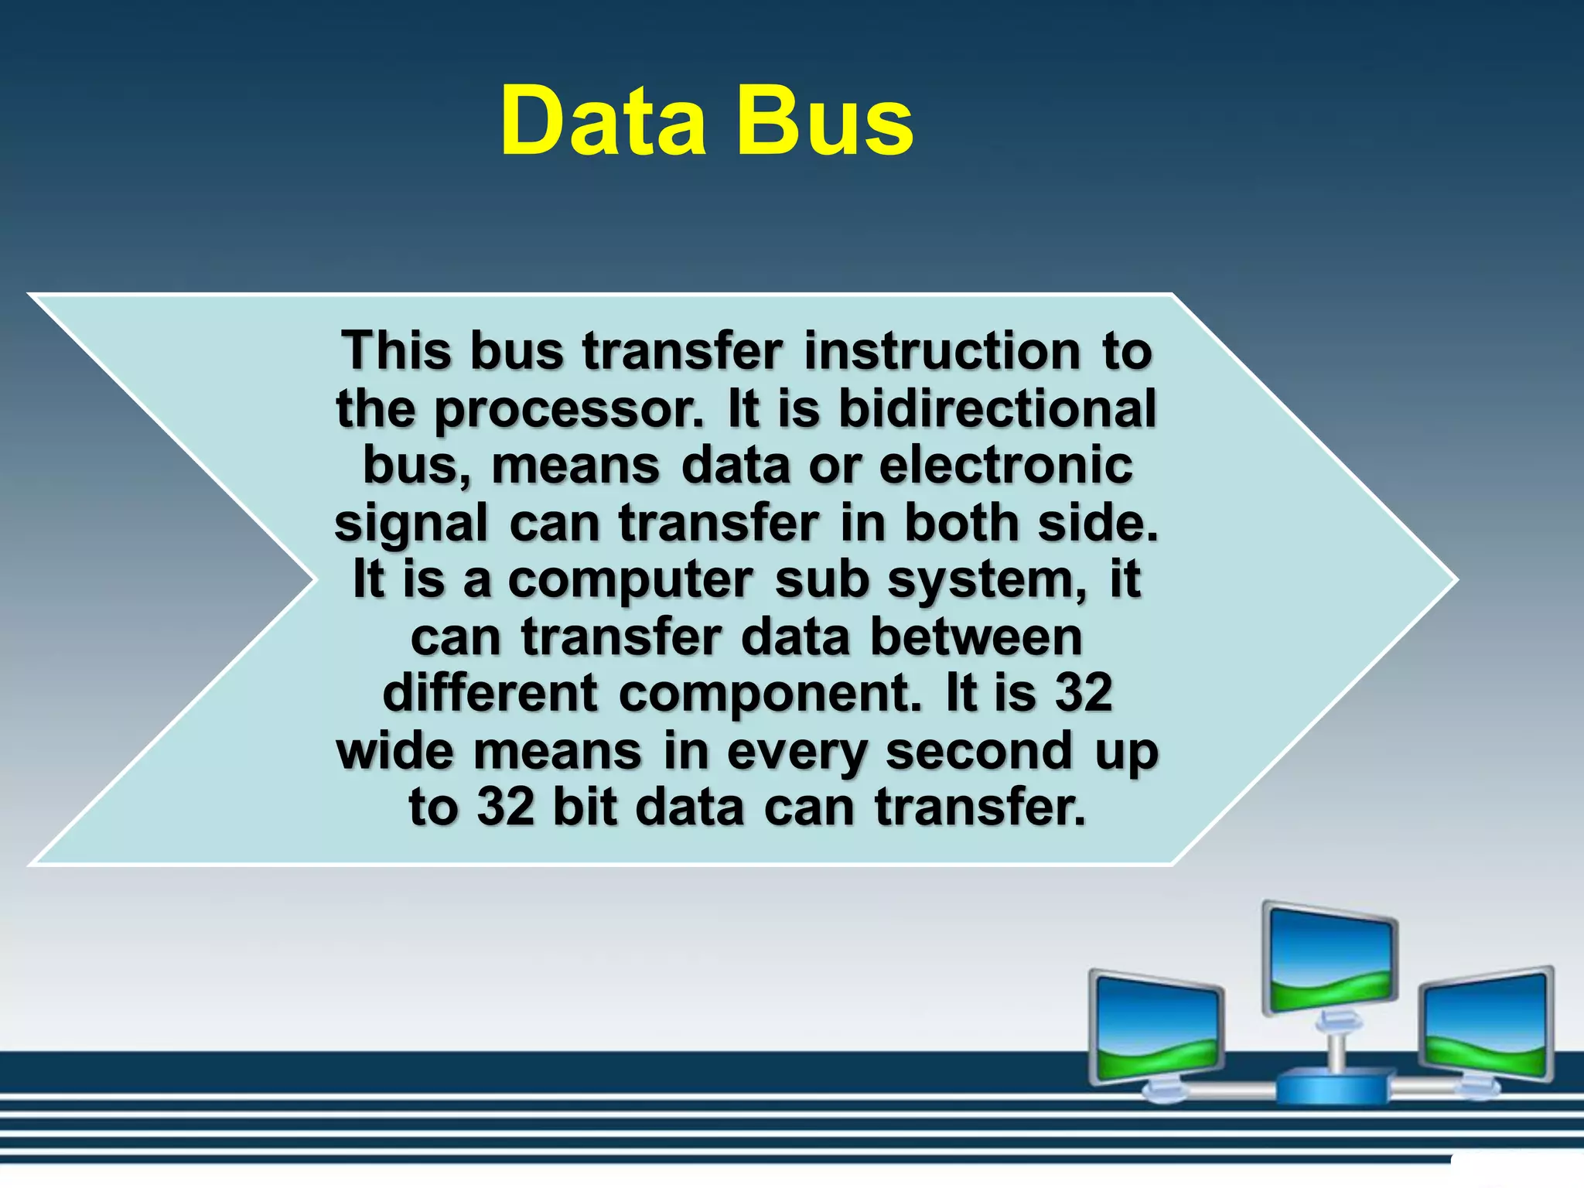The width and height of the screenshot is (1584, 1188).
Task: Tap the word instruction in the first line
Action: (x=942, y=351)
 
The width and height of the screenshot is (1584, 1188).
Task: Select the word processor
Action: (x=568, y=410)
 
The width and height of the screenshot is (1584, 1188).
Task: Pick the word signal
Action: (x=411, y=524)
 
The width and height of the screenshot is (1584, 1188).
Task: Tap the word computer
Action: (x=630, y=580)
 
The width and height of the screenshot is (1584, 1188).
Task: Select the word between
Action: (x=976, y=637)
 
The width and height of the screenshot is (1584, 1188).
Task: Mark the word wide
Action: (x=394, y=750)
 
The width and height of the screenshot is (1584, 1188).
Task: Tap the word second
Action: (x=979, y=750)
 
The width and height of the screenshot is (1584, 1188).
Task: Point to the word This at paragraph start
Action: (x=396, y=351)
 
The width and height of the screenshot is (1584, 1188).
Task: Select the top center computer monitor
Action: (x=1330, y=959)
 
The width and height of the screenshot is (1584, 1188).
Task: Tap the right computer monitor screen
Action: (x=1487, y=1025)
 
